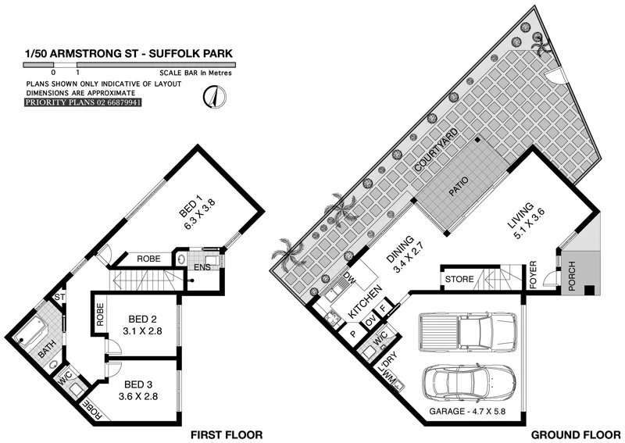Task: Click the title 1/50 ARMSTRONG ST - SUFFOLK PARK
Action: [128, 55]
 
